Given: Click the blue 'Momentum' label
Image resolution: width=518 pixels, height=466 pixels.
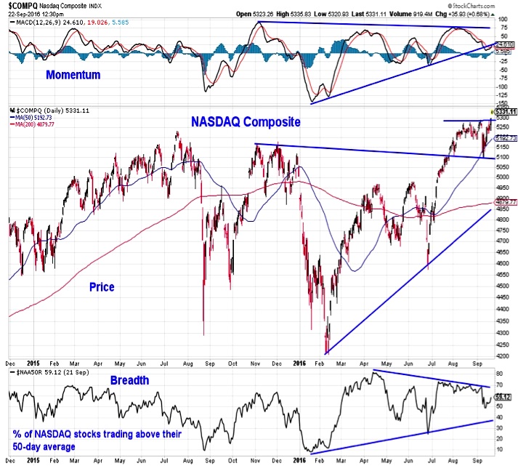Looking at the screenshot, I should click(73, 74).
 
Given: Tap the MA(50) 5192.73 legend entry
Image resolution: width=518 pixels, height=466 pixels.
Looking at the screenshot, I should click(36, 118).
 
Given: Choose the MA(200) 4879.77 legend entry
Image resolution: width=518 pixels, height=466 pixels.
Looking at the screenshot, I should click(37, 124).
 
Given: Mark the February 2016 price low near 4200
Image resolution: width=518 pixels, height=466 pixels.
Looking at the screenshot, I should click(327, 353).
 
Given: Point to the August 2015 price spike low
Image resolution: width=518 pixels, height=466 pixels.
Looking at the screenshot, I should click(203, 334).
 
